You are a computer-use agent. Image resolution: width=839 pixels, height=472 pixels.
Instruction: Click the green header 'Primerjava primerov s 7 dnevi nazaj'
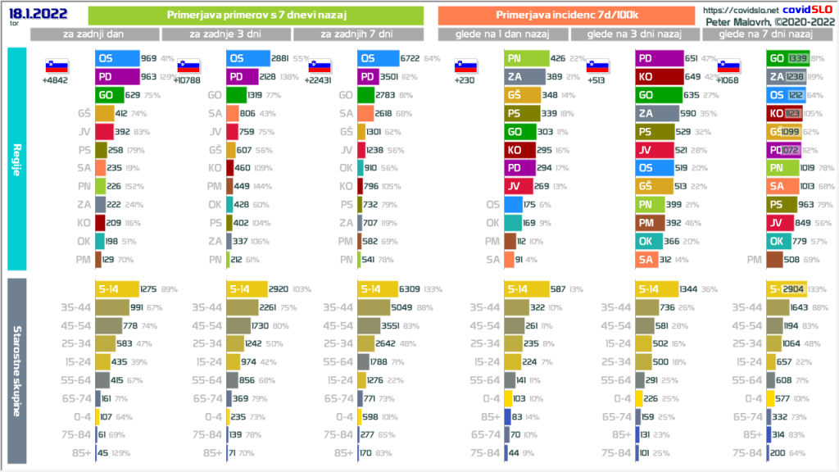pyautogui.click(x=255, y=15)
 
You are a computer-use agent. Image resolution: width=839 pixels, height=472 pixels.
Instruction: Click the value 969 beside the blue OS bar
pyautogui.click(x=148, y=58)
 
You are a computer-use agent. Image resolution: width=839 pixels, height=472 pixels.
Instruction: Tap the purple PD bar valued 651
pyautogui.click(x=659, y=58)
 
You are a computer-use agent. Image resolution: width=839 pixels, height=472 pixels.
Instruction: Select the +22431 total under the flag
pyautogui.click(x=320, y=80)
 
